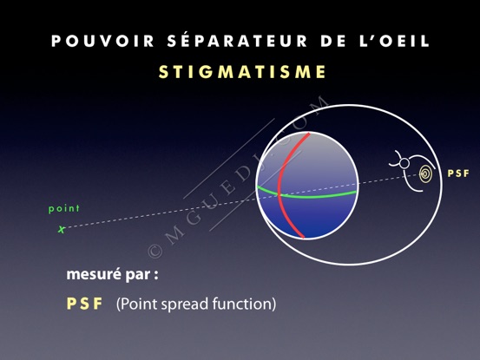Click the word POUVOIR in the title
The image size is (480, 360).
(x=102, y=42)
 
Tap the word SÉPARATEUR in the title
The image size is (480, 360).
(x=237, y=40)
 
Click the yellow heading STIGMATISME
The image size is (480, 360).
(x=242, y=72)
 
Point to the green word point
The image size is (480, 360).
(x=64, y=209)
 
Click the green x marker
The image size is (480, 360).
(x=62, y=229)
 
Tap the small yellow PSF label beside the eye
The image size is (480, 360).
(x=458, y=173)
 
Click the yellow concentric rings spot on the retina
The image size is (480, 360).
(x=426, y=174)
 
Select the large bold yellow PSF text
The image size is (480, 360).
(x=84, y=304)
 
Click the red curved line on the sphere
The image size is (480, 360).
(x=279, y=187)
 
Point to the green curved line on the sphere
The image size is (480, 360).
(x=306, y=196)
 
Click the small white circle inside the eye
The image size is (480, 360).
(x=404, y=164)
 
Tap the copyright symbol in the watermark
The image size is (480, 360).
(x=155, y=251)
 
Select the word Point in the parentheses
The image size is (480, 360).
(x=138, y=304)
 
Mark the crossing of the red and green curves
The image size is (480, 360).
(x=279, y=194)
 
